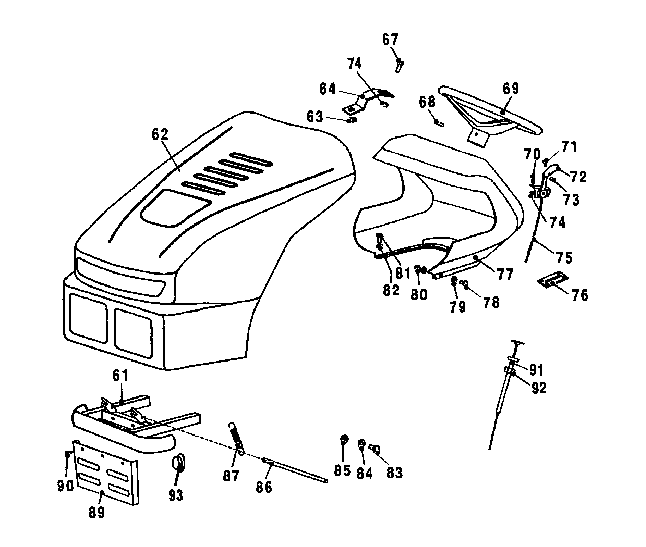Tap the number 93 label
176,495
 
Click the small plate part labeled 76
552,279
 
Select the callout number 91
536,370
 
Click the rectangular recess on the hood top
176,208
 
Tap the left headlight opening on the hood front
88,318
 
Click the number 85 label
342,471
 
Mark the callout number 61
120,376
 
